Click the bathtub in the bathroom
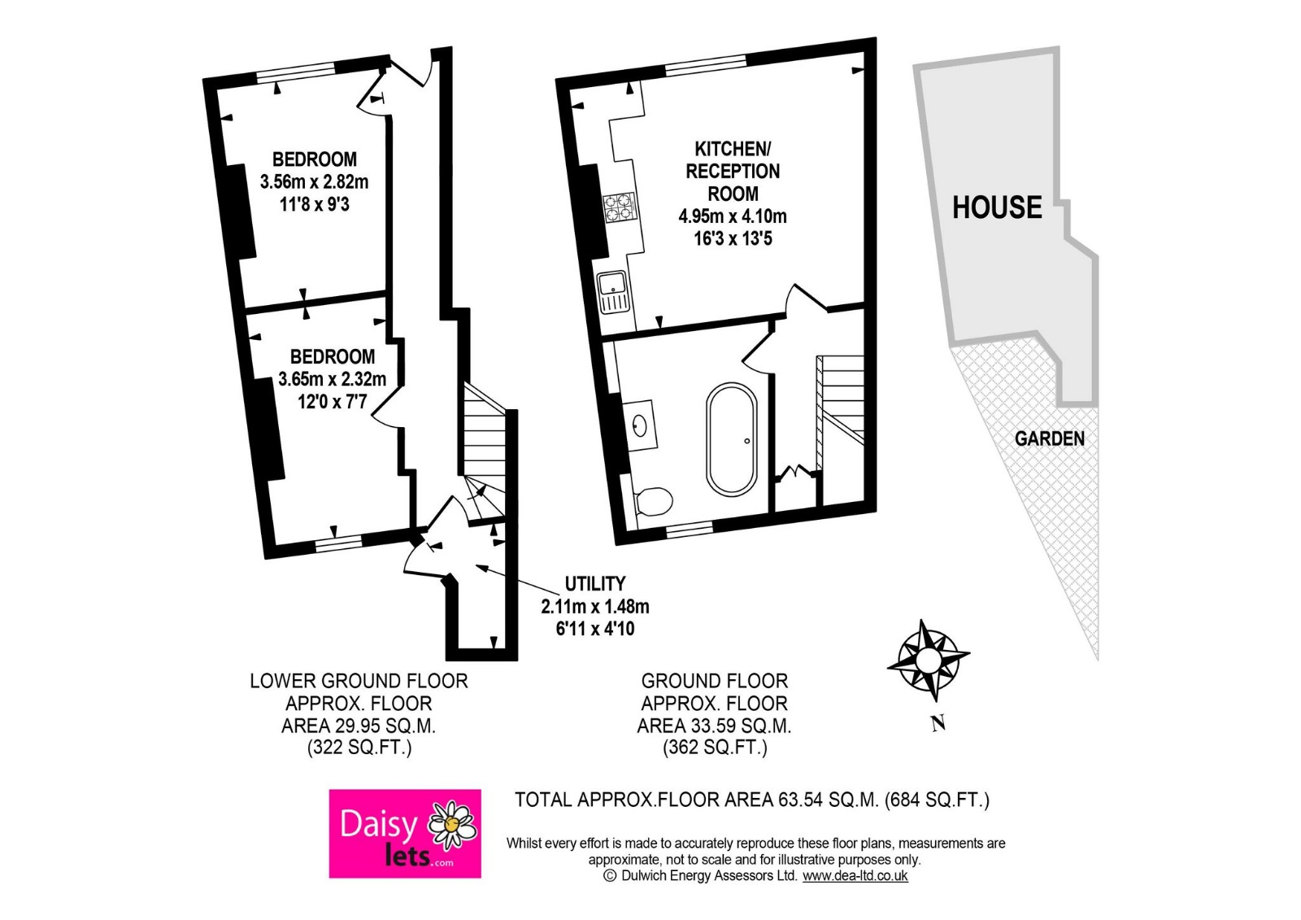[732, 439]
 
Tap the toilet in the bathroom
[654, 501]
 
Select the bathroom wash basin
[640, 424]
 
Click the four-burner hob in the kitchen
[619, 206]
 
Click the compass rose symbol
[927, 658]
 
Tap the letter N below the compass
[938, 723]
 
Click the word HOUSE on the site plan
[997, 207]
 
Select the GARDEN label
[1049, 439]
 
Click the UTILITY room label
[595, 584]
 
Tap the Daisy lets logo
[404, 833]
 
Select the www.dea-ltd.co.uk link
[855, 876]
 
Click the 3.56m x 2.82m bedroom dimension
[314, 181]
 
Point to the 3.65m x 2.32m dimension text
[332, 379]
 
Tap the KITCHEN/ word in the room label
[733, 149]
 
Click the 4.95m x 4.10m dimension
[733, 216]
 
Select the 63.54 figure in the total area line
[800, 800]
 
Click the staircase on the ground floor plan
[841, 399]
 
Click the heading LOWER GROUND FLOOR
[359, 681]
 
